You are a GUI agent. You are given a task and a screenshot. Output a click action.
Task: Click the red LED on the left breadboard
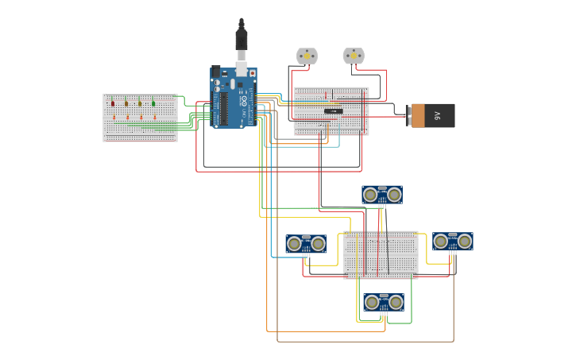(x=113, y=103)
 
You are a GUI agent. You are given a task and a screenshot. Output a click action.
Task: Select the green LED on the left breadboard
(x=153, y=103)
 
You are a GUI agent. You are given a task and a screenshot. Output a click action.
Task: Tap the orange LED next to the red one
(x=126, y=103)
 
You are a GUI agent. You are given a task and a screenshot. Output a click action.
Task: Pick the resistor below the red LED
(x=114, y=117)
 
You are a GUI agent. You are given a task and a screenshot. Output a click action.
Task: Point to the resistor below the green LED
(x=154, y=117)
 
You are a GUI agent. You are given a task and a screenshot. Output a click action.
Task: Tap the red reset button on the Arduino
(x=253, y=74)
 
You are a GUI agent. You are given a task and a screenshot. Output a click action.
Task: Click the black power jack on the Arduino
(x=216, y=72)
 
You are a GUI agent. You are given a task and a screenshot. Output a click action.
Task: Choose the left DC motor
(x=307, y=56)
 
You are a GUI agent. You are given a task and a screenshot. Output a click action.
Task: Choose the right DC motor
(x=354, y=56)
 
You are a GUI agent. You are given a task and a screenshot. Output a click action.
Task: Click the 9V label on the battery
(x=437, y=115)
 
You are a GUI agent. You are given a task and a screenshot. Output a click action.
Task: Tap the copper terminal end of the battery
(x=417, y=115)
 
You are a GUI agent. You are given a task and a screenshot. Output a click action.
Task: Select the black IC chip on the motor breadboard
(x=334, y=111)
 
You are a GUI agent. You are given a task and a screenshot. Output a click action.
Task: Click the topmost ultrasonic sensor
(x=382, y=195)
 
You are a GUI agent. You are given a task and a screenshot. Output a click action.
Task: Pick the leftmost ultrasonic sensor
(x=306, y=244)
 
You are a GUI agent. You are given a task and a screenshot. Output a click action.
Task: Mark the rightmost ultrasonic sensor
(x=453, y=242)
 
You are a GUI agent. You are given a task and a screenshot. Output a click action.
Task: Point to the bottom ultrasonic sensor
(x=384, y=302)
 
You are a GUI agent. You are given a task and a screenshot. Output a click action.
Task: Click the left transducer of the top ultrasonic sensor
(x=370, y=195)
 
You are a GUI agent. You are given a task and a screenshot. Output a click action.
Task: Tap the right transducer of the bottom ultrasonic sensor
(x=396, y=302)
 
